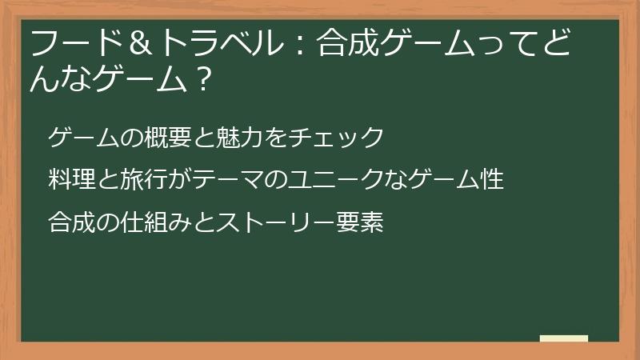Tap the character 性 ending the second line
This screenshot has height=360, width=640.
493,179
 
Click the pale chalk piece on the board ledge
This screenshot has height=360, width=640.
563,338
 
